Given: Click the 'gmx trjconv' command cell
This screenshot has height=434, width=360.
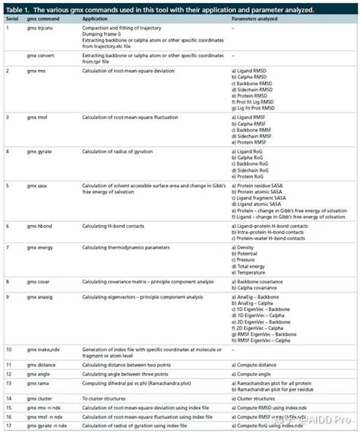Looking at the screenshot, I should (x=39, y=27).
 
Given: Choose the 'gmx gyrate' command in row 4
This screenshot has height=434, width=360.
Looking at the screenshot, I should (x=39, y=151).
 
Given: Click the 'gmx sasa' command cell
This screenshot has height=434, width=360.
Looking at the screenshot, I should (x=36, y=185).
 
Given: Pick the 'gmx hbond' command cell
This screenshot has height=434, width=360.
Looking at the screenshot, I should (x=39, y=227).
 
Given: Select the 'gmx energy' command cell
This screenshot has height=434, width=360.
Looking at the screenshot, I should (x=39, y=247).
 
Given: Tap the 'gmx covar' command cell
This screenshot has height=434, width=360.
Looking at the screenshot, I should (x=38, y=281).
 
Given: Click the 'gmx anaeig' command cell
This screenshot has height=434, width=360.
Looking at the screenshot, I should (x=39, y=296).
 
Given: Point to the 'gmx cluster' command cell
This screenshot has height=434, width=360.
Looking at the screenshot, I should (x=39, y=398).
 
